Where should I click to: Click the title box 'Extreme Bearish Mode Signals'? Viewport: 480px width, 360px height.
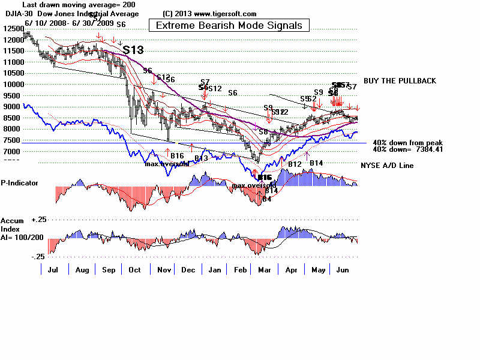point(229,25)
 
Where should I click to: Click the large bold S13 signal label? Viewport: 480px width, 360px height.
point(133,50)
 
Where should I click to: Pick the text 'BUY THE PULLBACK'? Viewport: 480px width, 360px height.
point(400,81)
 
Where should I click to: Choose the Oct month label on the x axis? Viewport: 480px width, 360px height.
point(134,270)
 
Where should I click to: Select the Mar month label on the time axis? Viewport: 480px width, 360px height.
point(263,270)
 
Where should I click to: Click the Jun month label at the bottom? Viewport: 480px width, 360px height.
point(343,270)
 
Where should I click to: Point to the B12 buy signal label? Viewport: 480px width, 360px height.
point(295,164)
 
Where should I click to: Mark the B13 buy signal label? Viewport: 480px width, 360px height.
point(201,158)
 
